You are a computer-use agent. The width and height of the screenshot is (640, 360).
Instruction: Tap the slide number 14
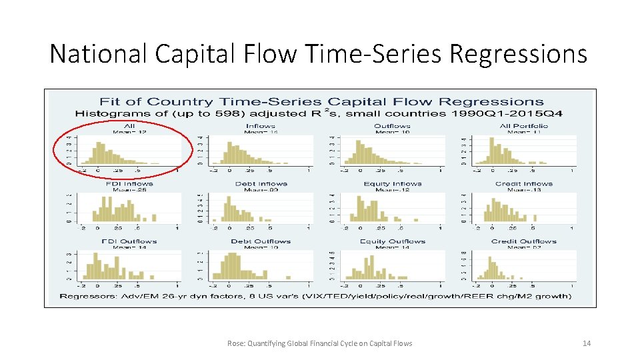(x=587, y=343)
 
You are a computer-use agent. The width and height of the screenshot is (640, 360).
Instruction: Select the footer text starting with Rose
(x=319, y=343)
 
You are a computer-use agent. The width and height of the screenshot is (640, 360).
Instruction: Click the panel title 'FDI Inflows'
(x=129, y=184)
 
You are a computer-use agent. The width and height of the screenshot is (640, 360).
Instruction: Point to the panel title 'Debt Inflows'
(x=261, y=184)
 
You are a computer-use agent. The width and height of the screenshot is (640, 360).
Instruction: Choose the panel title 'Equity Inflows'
(x=393, y=184)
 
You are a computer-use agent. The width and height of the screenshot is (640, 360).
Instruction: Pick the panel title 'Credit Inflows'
(x=524, y=184)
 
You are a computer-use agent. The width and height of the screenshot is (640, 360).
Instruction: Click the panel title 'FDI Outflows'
(x=129, y=241)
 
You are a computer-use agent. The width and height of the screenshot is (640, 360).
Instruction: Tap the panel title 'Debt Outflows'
(x=261, y=241)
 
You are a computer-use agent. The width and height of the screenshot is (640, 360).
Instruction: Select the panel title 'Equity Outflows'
(x=393, y=241)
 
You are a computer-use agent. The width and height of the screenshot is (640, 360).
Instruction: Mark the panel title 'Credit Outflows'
(x=524, y=241)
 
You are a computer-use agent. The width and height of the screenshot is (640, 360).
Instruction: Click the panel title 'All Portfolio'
(x=524, y=126)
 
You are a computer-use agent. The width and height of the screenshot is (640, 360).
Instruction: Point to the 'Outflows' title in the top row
(x=393, y=126)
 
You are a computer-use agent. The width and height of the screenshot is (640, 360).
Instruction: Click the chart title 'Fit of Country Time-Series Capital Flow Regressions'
(x=321, y=102)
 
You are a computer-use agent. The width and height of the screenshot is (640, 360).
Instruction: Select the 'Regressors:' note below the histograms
(x=315, y=296)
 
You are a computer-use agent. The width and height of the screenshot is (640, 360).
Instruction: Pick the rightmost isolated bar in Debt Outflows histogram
(x=289, y=278)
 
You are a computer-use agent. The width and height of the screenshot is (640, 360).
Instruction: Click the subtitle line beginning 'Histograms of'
(x=319, y=113)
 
